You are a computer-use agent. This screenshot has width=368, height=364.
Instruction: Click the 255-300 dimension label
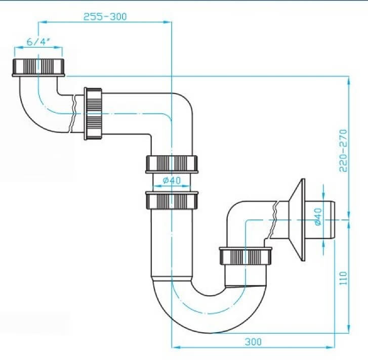[x=105, y=17]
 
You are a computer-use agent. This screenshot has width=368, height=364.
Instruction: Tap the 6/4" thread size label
[x=38, y=42]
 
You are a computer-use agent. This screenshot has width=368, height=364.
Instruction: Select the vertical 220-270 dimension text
[x=343, y=151]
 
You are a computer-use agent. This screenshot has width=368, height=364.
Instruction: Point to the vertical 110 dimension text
[x=343, y=278]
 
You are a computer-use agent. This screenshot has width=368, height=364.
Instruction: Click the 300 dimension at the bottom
[x=253, y=342]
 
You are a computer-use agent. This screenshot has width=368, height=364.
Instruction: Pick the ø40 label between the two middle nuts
[x=172, y=180]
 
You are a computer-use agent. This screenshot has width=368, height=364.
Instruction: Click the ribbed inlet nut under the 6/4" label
[x=38, y=67]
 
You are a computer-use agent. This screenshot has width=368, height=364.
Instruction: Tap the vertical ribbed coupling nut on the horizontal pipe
[x=93, y=114]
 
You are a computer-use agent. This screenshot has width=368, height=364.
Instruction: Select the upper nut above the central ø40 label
[x=172, y=164]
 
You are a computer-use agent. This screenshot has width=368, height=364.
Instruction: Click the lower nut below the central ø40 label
[x=172, y=200]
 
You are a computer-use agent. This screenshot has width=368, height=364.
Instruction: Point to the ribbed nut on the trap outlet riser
[x=246, y=256]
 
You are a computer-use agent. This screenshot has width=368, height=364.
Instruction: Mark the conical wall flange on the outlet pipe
[x=297, y=220]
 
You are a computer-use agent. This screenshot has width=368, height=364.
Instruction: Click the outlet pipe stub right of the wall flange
[x=319, y=220]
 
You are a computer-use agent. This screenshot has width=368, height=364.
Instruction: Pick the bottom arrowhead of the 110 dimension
[x=349, y=329]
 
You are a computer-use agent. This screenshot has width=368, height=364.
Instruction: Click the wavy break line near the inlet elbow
[x=73, y=114]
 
